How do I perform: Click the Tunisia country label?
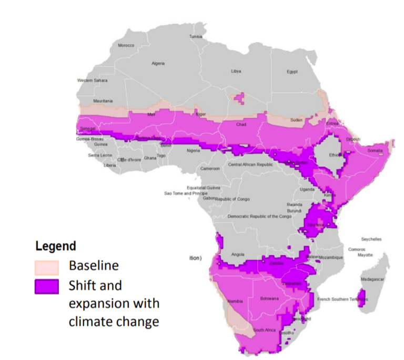[x=196, y=37]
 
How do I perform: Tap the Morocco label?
[x=126, y=46]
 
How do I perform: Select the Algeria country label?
[x=158, y=64]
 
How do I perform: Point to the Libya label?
[x=236, y=71]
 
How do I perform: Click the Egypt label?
[x=292, y=72]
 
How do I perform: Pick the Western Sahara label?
[x=92, y=81]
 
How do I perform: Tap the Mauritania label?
[x=103, y=101]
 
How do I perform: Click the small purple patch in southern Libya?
[x=240, y=97]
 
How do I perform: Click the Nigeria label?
[x=194, y=151]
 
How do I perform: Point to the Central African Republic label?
[x=250, y=165]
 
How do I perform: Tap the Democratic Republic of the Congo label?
[x=259, y=216]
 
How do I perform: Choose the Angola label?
[x=238, y=253]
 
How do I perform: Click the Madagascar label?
[x=372, y=279]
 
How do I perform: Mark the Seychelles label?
[x=371, y=239]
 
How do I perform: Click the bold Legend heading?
[x=55, y=246]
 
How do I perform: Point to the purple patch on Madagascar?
[x=361, y=298]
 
